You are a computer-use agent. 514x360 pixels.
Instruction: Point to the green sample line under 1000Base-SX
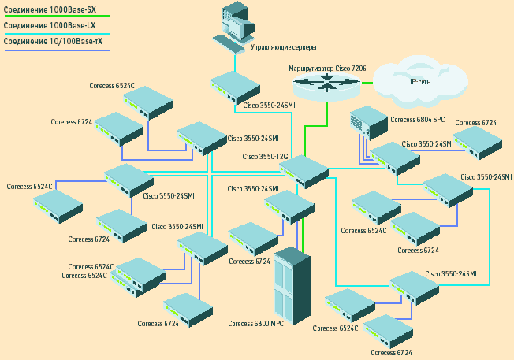pos(55,16)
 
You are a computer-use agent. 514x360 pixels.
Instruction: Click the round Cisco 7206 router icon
pos(325,87)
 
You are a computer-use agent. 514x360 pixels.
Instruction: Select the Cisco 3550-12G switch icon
pos(304,170)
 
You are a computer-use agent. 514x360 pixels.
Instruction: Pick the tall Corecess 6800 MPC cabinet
pos(290,288)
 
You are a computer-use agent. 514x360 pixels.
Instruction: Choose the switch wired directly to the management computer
pos(235,87)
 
